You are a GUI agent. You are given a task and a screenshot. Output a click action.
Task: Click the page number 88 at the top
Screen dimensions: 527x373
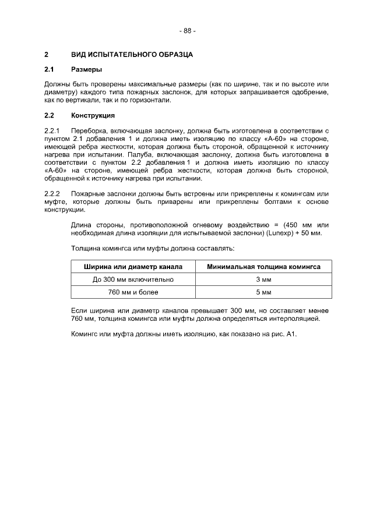point(187,30)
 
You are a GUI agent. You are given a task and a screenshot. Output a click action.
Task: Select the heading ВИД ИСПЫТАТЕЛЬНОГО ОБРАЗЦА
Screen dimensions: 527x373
point(132,55)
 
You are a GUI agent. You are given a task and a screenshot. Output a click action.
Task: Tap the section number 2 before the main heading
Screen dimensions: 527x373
point(46,55)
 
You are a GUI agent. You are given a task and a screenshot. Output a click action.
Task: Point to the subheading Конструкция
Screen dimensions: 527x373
point(93,115)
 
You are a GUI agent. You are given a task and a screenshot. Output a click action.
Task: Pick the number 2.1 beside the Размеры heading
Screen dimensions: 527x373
point(49,70)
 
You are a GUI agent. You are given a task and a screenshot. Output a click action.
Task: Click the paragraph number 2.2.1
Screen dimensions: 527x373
point(52,130)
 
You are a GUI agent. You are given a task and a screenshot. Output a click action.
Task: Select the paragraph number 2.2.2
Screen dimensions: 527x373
point(52,193)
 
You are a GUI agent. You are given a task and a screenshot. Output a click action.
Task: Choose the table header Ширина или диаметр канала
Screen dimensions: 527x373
point(133,267)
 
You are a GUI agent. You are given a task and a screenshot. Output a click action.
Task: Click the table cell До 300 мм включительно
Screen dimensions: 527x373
point(133,280)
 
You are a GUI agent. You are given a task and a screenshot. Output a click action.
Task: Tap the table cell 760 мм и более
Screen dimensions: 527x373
point(133,292)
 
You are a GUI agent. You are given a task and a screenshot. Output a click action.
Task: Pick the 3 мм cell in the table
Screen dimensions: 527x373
point(263,280)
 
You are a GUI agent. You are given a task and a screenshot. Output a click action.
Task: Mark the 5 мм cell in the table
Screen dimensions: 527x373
point(263,292)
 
